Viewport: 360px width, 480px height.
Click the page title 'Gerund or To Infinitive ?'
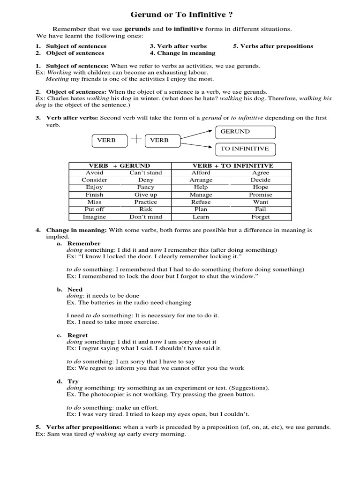(180, 15)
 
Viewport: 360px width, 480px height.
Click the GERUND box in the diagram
(245, 132)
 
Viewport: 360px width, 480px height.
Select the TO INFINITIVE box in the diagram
(245, 149)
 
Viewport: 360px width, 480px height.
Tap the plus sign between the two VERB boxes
(136, 139)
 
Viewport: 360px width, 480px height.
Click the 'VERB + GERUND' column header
(120, 165)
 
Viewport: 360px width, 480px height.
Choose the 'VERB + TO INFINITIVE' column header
(232, 165)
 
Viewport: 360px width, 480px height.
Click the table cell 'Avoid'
(94, 172)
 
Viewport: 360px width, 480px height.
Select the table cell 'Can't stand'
(145, 172)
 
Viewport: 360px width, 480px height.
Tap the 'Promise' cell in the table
(260, 195)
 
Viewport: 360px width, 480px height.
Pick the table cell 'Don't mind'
(145, 217)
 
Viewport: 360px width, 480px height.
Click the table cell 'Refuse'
(201, 202)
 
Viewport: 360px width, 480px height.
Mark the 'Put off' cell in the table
(94, 210)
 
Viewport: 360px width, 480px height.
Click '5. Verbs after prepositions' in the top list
(273, 46)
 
